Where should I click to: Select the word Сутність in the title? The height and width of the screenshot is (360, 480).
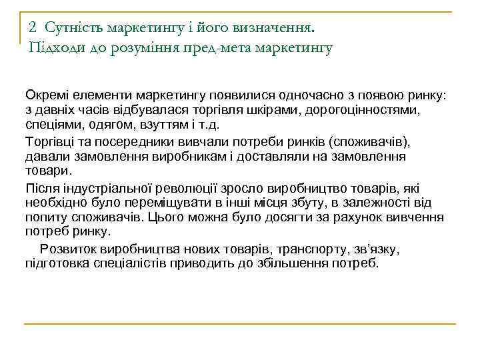[x=71, y=27]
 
